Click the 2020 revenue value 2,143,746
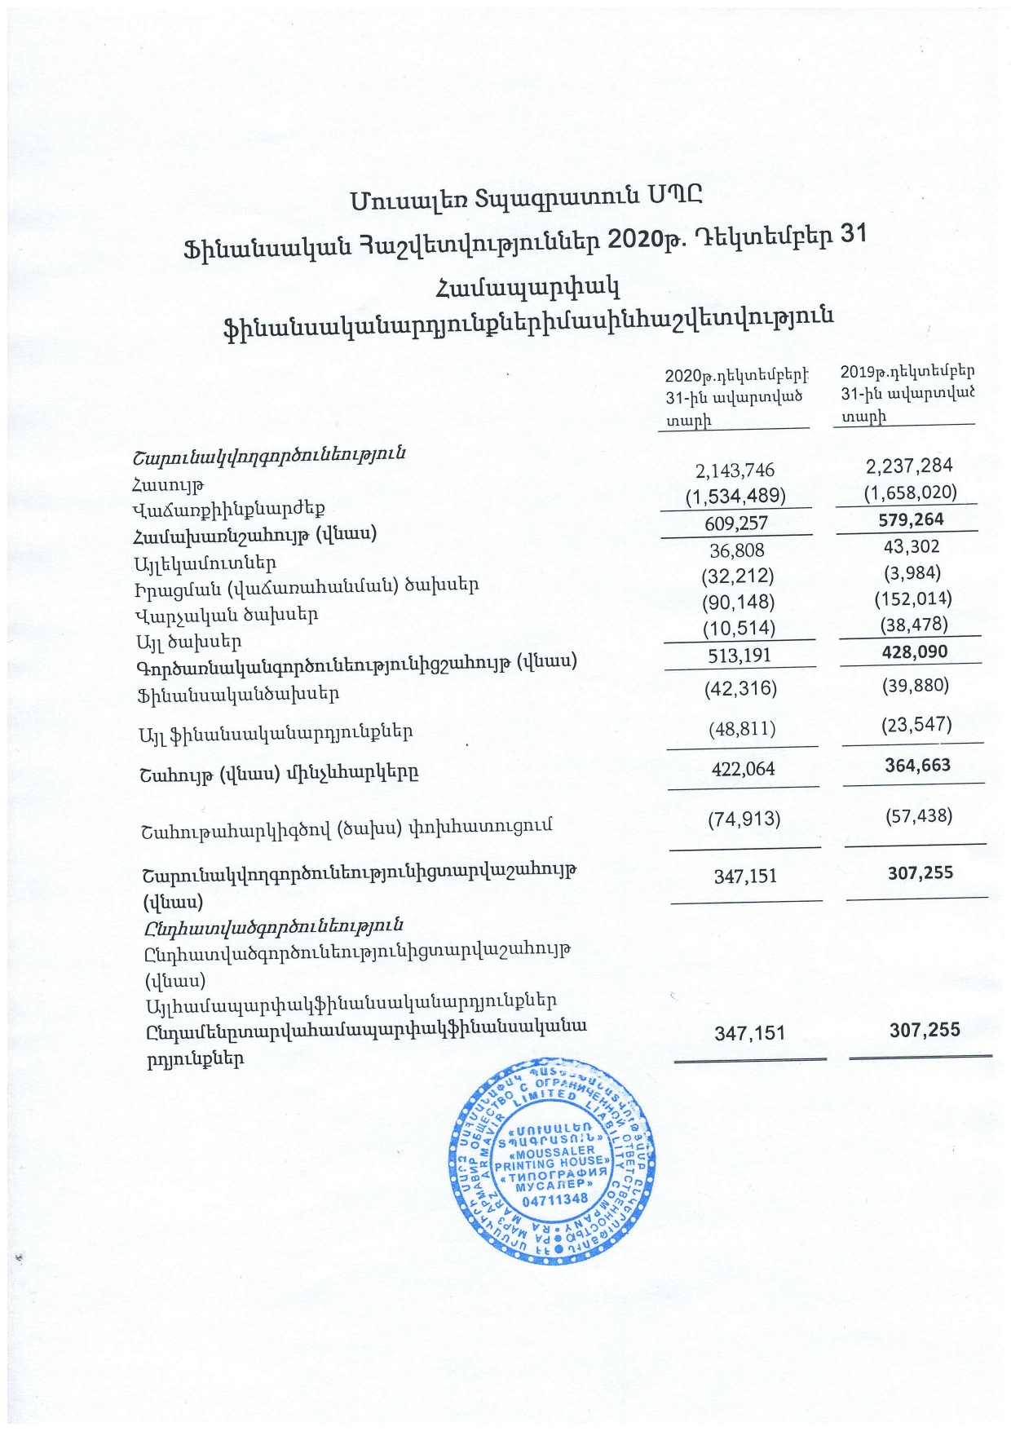(735, 470)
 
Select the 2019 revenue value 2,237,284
(909, 466)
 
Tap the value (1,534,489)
(735, 496)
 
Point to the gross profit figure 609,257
(736, 523)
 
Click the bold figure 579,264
(911, 519)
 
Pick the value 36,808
(736, 550)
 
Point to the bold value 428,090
(915, 651)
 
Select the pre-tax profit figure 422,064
(743, 769)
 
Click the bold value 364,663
(917, 765)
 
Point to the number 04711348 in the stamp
(554, 1199)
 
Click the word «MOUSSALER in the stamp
(551, 1151)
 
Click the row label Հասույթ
(167, 486)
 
